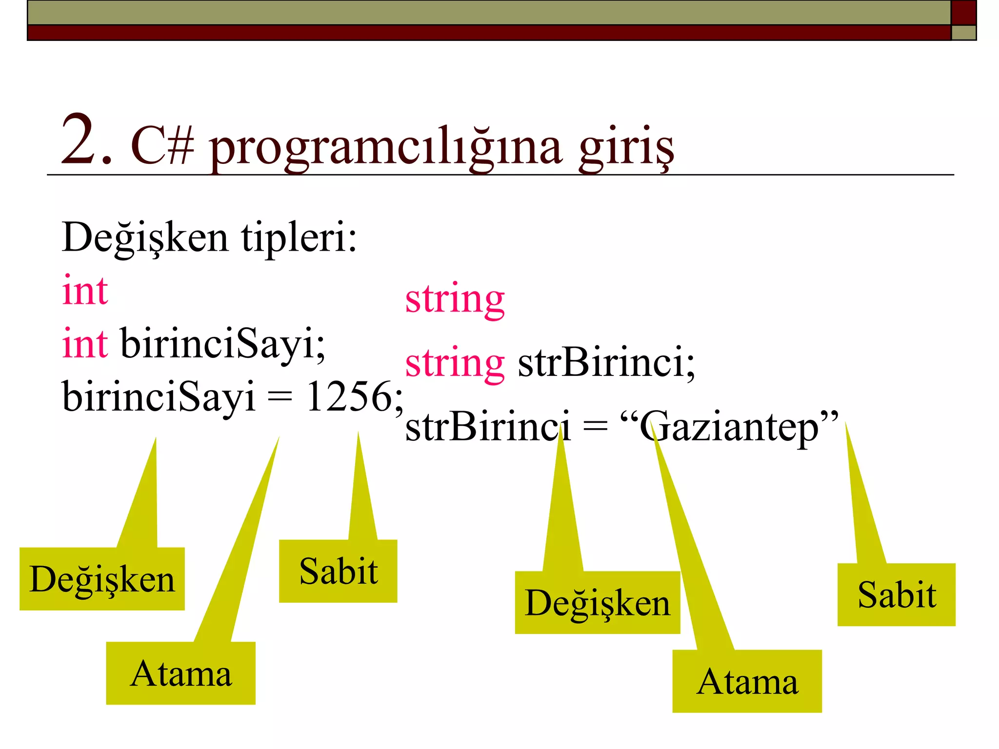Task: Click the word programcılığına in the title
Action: pos(385,146)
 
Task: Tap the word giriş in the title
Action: pos(626,146)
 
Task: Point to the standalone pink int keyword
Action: pos(85,291)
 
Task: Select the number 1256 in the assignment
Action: pos(349,396)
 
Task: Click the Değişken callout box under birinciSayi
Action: pos(102,579)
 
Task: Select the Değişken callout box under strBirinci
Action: pos(597,603)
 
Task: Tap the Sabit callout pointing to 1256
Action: pos(338,571)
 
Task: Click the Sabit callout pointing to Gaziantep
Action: pos(896,594)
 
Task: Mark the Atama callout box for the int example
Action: pos(180,673)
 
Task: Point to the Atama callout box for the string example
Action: pos(747,681)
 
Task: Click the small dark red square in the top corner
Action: pos(963,12)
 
